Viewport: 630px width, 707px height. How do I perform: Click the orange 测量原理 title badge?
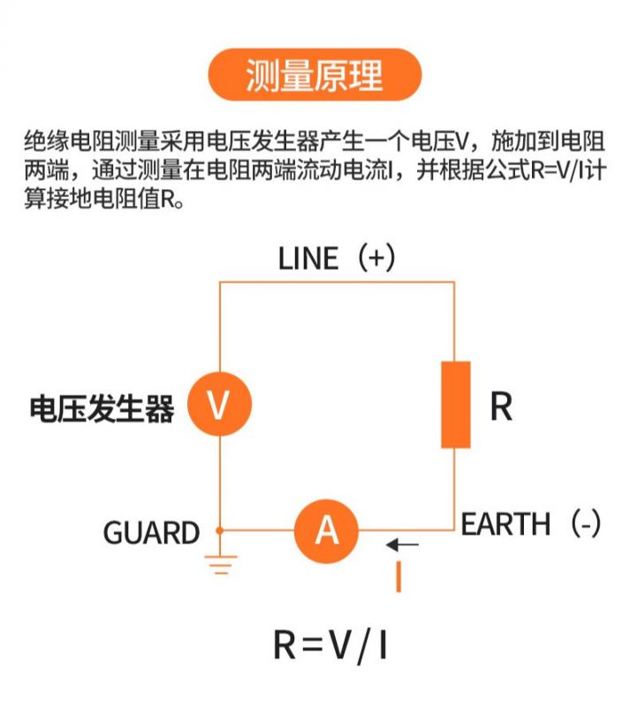[314, 75]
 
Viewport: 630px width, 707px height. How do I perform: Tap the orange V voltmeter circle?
[218, 405]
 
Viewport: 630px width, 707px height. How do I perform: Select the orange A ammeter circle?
[327, 530]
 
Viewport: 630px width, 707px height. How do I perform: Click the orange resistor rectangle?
[456, 404]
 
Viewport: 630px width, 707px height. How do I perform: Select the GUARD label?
[151, 533]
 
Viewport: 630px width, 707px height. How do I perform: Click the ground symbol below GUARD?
[219, 564]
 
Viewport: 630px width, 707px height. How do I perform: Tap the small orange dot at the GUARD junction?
[219, 530]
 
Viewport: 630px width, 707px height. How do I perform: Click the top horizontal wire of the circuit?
[336, 282]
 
